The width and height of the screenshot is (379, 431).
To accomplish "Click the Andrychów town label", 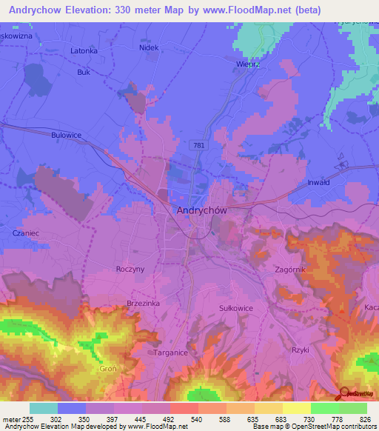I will [201, 210].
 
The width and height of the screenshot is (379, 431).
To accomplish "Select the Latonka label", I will [84, 50].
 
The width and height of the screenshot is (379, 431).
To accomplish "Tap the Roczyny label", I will [130, 270].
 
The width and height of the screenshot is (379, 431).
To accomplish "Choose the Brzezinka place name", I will [143, 304].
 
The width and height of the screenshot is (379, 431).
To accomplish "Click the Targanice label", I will [171, 353].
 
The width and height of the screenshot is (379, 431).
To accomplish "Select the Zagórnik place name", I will [289, 270].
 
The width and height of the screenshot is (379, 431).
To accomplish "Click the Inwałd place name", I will [318, 181].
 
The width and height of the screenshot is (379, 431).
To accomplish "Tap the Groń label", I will [108, 368].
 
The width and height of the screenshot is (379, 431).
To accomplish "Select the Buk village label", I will [83, 73].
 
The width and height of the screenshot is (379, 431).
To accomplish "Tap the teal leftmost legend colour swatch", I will [44, 408].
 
